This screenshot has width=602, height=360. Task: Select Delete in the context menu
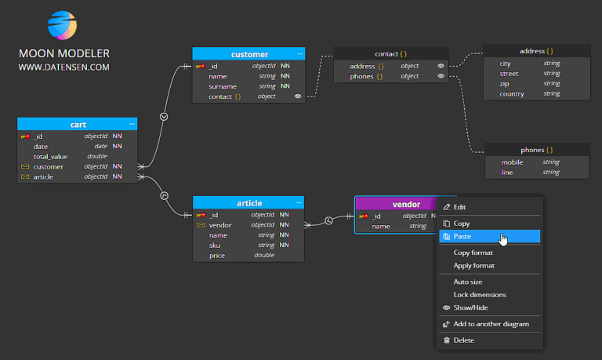click(464, 340)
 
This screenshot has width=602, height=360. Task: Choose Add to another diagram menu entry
click(491, 324)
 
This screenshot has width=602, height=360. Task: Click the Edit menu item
click(459, 207)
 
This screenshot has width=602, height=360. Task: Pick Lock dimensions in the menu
click(480, 295)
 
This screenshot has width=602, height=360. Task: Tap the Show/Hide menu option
click(470, 308)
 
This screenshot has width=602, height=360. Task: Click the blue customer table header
click(248, 54)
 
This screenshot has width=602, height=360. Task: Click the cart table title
click(77, 124)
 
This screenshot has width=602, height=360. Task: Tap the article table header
click(248, 203)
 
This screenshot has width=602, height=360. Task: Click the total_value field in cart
click(50, 156)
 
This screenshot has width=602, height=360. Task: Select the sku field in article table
click(214, 245)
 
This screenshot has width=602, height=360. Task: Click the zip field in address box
click(505, 84)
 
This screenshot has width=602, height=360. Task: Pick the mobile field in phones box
click(512, 162)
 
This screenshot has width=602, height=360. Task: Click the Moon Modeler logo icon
click(63, 26)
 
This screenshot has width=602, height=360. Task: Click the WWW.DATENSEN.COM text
click(64, 67)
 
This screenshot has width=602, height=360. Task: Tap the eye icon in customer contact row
click(297, 96)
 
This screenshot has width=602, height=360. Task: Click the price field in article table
click(217, 255)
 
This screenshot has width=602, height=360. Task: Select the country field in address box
click(511, 94)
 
